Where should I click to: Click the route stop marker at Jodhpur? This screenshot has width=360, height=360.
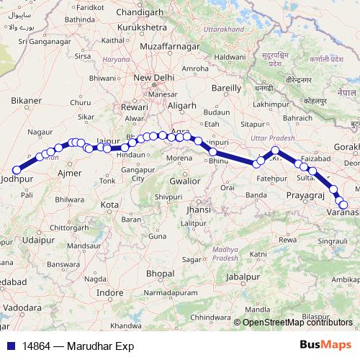tap(17, 171)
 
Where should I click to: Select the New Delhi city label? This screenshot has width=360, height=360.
tap(153, 78)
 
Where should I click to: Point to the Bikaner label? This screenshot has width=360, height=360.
tap(27, 100)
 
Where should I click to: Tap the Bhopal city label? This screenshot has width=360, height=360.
tap(160, 274)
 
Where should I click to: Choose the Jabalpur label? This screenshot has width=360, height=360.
tap(241, 276)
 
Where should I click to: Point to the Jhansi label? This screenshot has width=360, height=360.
tap(198, 210)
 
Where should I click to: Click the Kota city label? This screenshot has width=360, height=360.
tap(109, 205)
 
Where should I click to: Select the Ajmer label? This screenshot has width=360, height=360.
tap(69, 174)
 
